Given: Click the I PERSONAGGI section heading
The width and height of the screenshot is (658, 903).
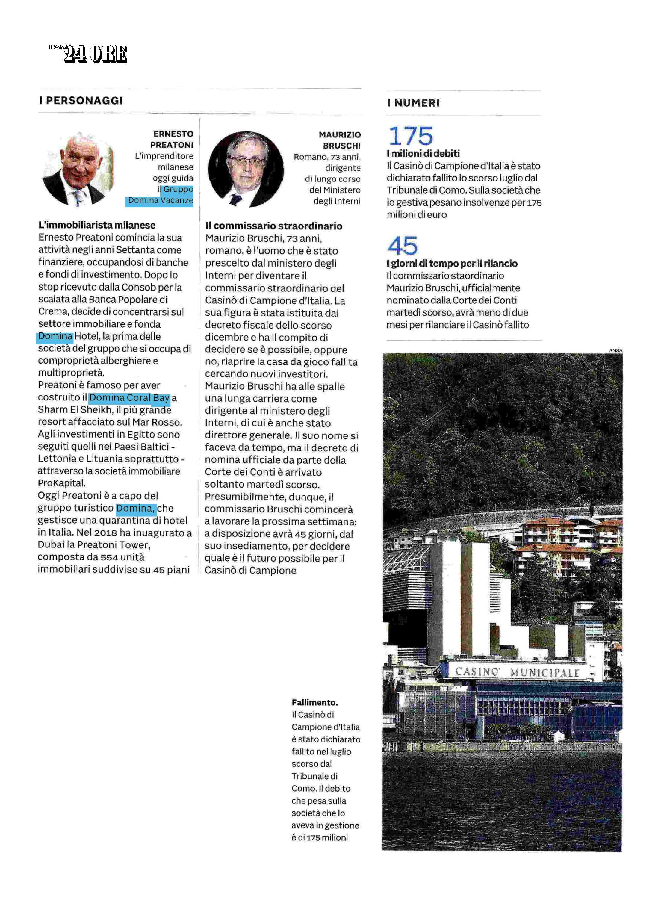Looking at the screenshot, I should click(x=81, y=100).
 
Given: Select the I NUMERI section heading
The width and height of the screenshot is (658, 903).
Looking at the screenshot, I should click(x=413, y=103).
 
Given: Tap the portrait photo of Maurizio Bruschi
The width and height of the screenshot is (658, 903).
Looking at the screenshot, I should click(x=246, y=169).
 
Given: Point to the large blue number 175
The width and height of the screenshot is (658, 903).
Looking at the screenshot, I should click(x=411, y=136).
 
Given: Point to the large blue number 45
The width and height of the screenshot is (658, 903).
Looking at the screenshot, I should click(x=402, y=246).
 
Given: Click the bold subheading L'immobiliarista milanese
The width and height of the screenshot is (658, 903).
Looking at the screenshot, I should click(x=97, y=225).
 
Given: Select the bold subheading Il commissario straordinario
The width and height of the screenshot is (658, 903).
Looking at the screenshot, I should click(x=274, y=226).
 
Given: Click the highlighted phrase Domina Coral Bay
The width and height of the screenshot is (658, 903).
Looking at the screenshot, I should click(x=129, y=397).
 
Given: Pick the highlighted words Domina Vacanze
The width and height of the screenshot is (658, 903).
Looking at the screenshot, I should click(x=160, y=200).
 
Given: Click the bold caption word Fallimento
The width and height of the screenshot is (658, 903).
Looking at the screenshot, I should click(x=315, y=702).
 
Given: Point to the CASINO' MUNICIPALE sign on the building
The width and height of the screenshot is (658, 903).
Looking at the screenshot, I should click(x=517, y=672).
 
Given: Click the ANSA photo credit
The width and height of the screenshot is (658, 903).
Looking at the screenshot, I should click(x=615, y=350).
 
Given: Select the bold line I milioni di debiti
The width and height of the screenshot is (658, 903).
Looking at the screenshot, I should click(x=423, y=153).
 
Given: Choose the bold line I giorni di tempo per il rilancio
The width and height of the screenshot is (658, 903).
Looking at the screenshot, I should click(x=452, y=263).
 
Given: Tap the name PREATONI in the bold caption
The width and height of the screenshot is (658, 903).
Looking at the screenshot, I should click(x=172, y=145).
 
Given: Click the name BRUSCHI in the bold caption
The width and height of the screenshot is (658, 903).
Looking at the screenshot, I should click(x=342, y=146).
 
